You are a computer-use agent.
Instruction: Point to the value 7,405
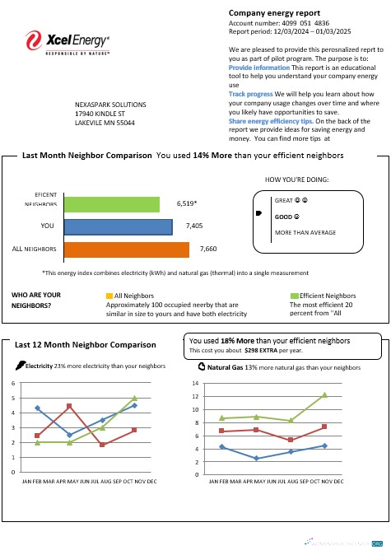(194, 225)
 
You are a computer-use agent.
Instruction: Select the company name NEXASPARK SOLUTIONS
(110, 105)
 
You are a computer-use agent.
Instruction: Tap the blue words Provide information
(258, 67)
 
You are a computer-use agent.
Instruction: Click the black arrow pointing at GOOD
(260, 214)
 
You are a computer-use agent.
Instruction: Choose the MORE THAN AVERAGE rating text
(305, 233)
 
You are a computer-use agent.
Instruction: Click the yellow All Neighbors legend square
(109, 295)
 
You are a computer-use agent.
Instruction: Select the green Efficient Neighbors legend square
(295, 295)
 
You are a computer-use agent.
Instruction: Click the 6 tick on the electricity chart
(12, 384)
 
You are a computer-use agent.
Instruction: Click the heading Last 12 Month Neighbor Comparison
(85, 344)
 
